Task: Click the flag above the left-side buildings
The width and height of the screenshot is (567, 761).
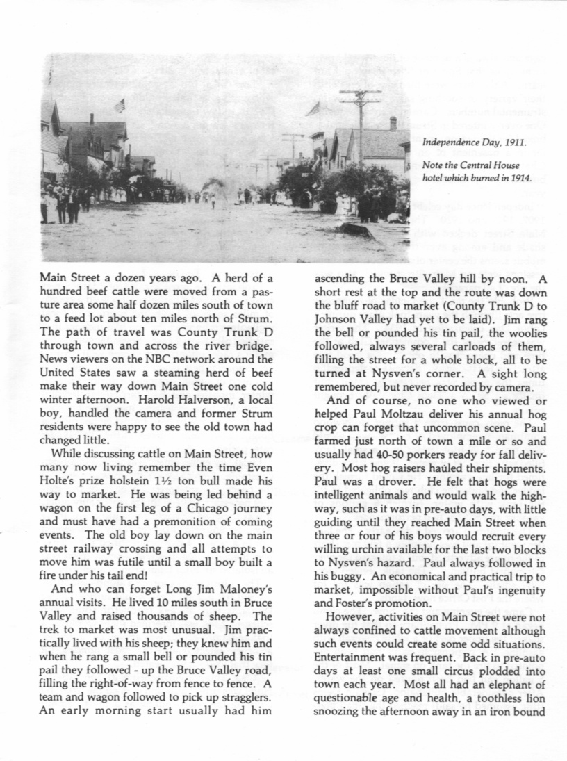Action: click(120, 105)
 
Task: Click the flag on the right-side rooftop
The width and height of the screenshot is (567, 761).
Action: click(314, 108)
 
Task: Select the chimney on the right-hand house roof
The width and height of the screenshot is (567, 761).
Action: click(393, 123)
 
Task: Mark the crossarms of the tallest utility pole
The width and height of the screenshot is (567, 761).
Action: click(360, 94)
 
